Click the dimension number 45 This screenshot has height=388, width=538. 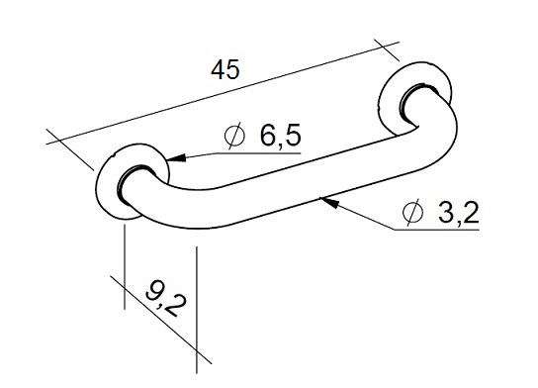pyautogui.click(x=224, y=69)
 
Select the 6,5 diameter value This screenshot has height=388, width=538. pyautogui.click(x=280, y=135)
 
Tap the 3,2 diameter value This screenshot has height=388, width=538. pyautogui.click(x=459, y=212)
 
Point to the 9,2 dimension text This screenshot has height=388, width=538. pyautogui.click(x=166, y=298)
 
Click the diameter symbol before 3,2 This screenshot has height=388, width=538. pyautogui.click(x=412, y=212)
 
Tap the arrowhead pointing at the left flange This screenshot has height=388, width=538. pyautogui.click(x=176, y=158)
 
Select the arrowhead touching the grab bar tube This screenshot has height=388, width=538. pyautogui.click(x=329, y=202)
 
